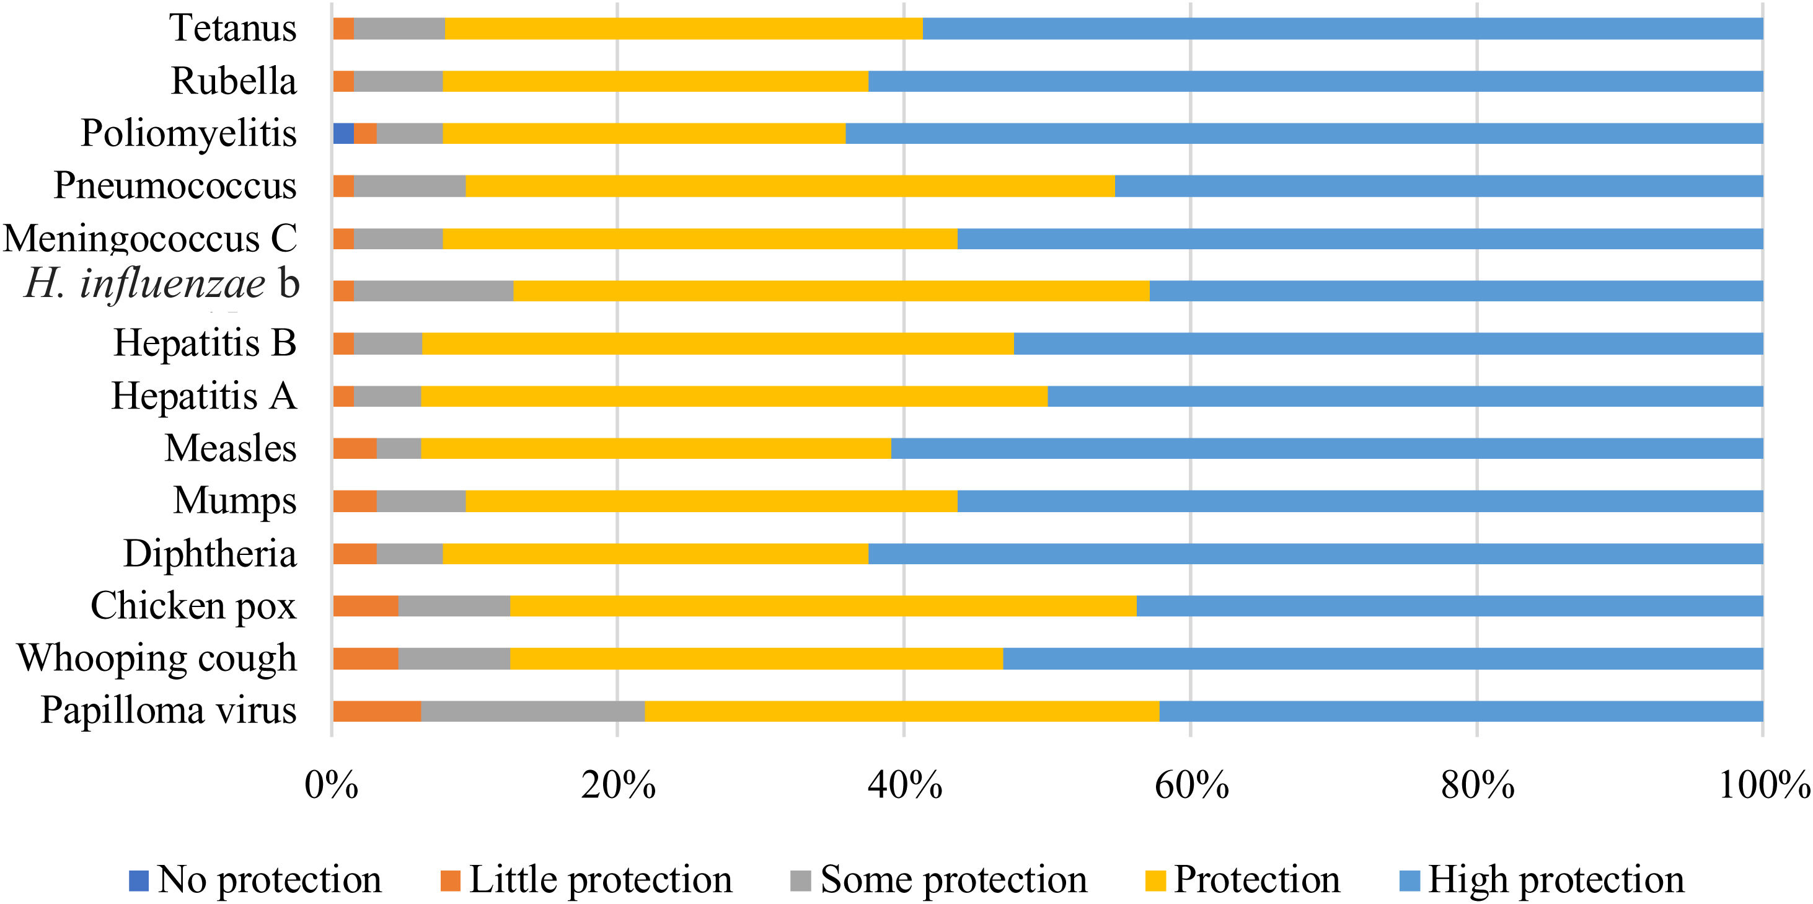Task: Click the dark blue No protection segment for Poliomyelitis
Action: tap(343, 133)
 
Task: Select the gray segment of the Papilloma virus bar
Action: tap(533, 711)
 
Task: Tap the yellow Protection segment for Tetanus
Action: tap(684, 29)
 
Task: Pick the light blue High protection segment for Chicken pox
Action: tap(1449, 606)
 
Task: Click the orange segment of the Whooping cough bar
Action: tap(365, 658)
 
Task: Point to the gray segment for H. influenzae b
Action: tap(433, 291)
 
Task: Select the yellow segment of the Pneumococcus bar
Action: tap(790, 186)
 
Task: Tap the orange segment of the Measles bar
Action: tap(355, 448)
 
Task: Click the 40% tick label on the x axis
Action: tap(904, 785)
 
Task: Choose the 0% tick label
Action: tap(331, 785)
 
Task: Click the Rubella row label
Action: tap(234, 81)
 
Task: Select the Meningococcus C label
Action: tap(151, 239)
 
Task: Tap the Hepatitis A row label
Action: tap(204, 396)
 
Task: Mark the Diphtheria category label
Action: tap(210, 554)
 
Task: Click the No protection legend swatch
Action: tap(139, 880)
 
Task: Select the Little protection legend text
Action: tap(601, 880)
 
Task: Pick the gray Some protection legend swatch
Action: tap(801, 880)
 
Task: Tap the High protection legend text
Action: tap(1556, 880)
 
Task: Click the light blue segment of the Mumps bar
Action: tap(1360, 501)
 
